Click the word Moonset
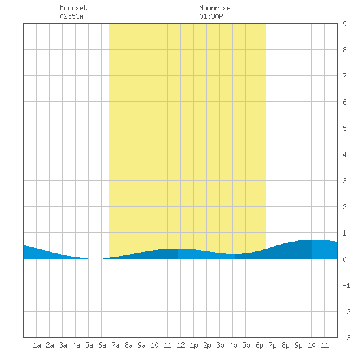pyautogui.click(x=73, y=8)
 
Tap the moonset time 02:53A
pyautogui.click(x=71, y=16)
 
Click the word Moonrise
pyautogui.click(x=215, y=8)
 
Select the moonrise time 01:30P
pyautogui.click(x=211, y=16)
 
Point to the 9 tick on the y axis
pyautogui.click(x=344, y=24)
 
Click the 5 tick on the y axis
pyautogui.click(x=344, y=128)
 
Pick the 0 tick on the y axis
pyautogui.click(x=344, y=259)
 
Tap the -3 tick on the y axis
pyautogui.click(x=346, y=338)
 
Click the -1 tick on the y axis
pyautogui.click(x=346, y=285)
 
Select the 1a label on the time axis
pyautogui.click(x=37, y=345)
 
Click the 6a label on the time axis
pyautogui.click(x=102, y=345)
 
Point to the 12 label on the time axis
pyautogui.click(x=181, y=345)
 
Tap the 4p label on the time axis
pyautogui.click(x=233, y=345)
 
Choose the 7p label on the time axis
pyautogui.click(x=272, y=345)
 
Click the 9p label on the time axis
pyautogui.click(x=298, y=345)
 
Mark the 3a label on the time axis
pyautogui.click(x=63, y=345)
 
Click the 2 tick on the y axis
pyautogui.click(x=344, y=207)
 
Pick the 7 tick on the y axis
pyautogui.click(x=344, y=76)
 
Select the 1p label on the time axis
pyautogui.click(x=194, y=345)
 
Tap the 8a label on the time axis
pyautogui.click(x=128, y=345)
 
